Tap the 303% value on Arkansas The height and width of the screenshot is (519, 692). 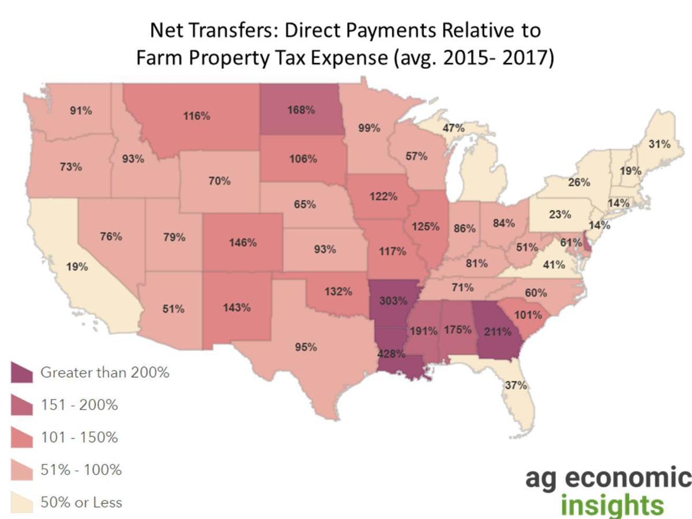pyautogui.click(x=393, y=300)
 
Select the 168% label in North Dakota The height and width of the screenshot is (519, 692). pyautogui.click(x=302, y=109)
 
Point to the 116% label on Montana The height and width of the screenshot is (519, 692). pyautogui.click(x=197, y=116)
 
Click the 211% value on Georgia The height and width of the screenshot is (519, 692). pyautogui.click(x=498, y=332)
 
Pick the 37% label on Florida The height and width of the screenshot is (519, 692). pyautogui.click(x=516, y=385)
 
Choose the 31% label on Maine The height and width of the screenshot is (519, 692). pyautogui.click(x=660, y=144)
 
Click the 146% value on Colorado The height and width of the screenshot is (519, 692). pyautogui.click(x=242, y=242)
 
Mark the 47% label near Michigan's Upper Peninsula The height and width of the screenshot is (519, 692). pyautogui.click(x=453, y=129)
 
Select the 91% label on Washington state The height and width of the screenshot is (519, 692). pyautogui.click(x=81, y=111)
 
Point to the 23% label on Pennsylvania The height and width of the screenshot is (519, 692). pyautogui.click(x=559, y=215)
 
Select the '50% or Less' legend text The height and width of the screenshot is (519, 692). pyautogui.click(x=81, y=502)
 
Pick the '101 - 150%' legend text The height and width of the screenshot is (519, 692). pyautogui.click(x=79, y=438)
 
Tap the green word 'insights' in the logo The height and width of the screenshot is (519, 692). pyautogui.click(x=612, y=505)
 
